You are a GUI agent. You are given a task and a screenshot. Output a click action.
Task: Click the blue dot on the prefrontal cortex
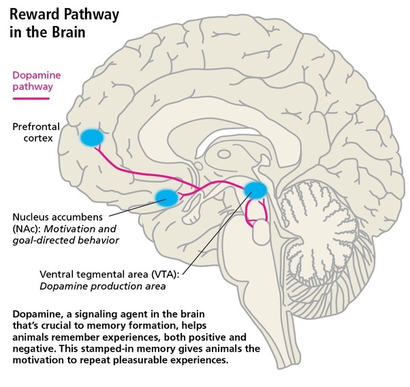91,137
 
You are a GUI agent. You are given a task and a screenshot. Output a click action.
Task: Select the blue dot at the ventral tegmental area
255,190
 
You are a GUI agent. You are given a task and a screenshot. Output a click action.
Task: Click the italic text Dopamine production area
102,286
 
